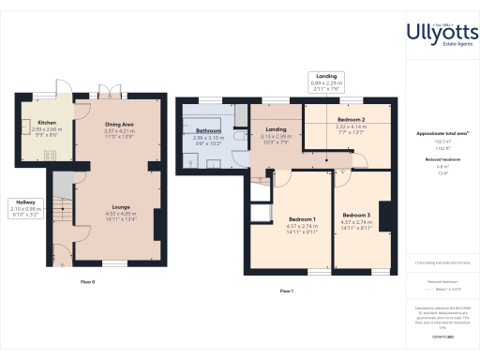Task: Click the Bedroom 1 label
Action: click(x=301, y=219)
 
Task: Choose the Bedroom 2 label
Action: click(x=351, y=120)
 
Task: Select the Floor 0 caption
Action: click(x=86, y=281)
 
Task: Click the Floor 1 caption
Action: click(x=286, y=291)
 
